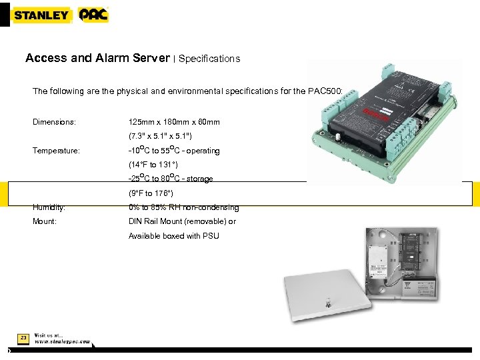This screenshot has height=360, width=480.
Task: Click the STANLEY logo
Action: (x=41, y=15)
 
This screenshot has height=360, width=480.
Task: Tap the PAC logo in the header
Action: (x=93, y=15)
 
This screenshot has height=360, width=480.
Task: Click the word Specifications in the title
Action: (x=209, y=59)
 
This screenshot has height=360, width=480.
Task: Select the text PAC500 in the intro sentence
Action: (x=342, y=91)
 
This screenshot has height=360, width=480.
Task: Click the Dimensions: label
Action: (x=54, y=123)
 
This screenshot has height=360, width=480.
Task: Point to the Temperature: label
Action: (x=56, y=151)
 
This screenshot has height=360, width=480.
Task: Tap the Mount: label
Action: (x=45, y=221)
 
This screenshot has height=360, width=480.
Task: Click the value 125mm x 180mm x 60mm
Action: (x=174, y=123)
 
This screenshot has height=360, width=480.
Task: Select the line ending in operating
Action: (x=174, y=151)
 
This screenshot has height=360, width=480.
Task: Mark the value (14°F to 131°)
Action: (x=153, y=165)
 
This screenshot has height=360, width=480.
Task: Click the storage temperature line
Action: (x=171, y=179)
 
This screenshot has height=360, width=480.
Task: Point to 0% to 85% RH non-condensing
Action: (x=183, y=207)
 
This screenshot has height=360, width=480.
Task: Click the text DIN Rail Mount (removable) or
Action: (x=182, y=221)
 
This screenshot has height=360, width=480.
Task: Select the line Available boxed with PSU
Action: (x=173, y=236)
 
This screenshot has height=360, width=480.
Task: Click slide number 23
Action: (x=23, y=339)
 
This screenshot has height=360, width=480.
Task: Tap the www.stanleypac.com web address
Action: (x=63, y=341)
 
